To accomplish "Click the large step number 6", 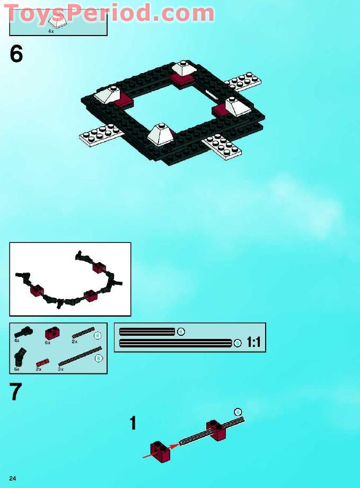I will (16, 54).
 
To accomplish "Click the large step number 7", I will (16, 392).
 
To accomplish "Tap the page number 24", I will (12, 478).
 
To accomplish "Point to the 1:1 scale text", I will (253, 343).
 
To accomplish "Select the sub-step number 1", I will (133, 423).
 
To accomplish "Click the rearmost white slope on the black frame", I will (185, 69).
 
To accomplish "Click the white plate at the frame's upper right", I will (242, 82).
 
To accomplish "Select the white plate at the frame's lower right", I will (223, 146).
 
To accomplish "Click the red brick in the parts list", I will (51, 333).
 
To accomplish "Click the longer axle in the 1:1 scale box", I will (175, 343).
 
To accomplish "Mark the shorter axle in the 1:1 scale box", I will (147, 332).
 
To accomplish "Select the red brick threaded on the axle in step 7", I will (216, 429).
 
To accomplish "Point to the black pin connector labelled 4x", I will (23, 332).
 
